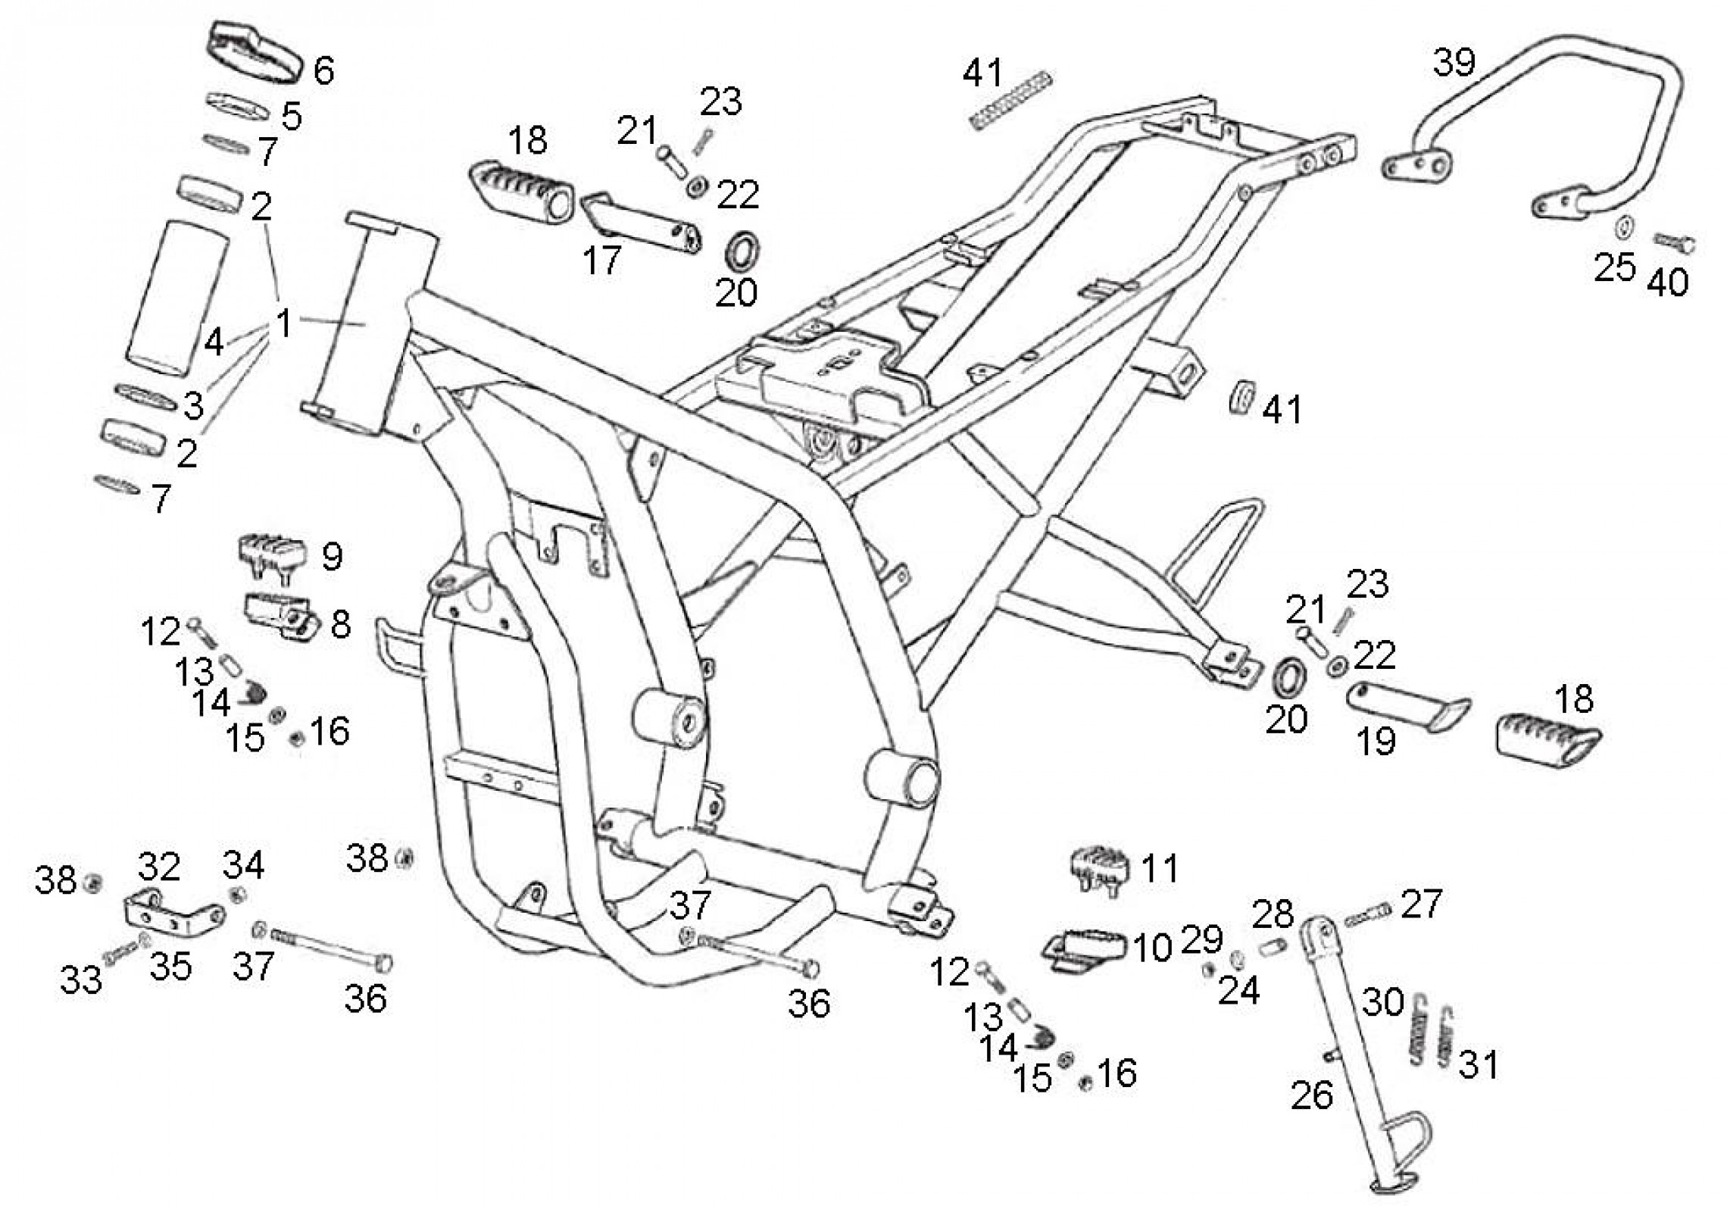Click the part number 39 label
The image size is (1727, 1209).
[1454, 62]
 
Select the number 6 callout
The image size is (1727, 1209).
[323, 71]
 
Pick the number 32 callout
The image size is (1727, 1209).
[159, 867]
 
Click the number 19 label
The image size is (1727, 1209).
[1376, 741]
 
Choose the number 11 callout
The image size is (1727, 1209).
[1159, 868]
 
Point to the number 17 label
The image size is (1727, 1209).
[602, 260]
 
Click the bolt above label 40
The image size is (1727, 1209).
[1674, 244]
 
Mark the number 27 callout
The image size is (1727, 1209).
[1421, 904]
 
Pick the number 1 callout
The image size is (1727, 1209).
[284, 324]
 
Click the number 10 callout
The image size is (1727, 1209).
[1152, 948]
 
